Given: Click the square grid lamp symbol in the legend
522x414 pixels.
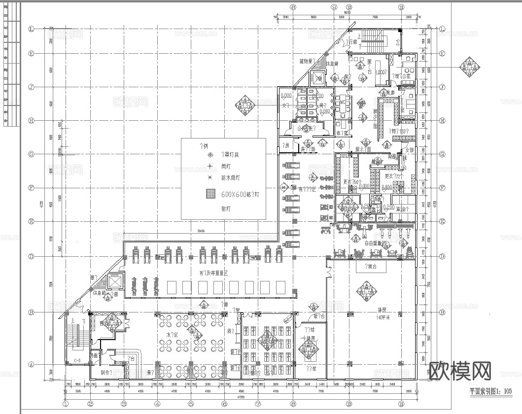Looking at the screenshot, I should pos(211,194).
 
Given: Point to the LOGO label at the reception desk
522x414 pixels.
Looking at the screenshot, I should pos(381,72).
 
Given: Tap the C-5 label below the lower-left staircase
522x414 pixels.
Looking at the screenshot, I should pos(77,361).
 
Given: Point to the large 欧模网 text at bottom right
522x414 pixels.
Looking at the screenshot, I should pos(460,370).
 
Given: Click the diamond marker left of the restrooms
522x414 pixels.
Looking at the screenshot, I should pos(245,104).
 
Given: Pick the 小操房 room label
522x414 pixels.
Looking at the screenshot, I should pos(309,339).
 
